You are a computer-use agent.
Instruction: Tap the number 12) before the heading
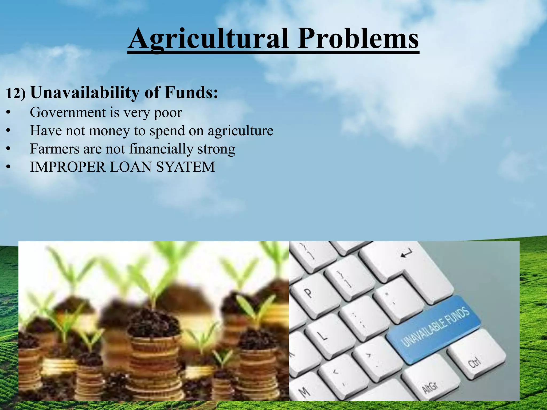(15, 93)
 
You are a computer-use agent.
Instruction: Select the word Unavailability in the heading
(85, 93)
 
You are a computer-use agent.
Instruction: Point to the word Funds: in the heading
(191, 92)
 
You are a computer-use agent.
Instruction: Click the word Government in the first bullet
(68, 112)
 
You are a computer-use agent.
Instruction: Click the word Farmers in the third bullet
(54, 149)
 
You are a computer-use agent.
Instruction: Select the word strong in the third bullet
(216, 149)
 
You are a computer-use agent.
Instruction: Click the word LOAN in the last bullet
(131, 167)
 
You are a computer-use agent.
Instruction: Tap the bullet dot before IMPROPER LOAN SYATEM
(9, 167)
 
